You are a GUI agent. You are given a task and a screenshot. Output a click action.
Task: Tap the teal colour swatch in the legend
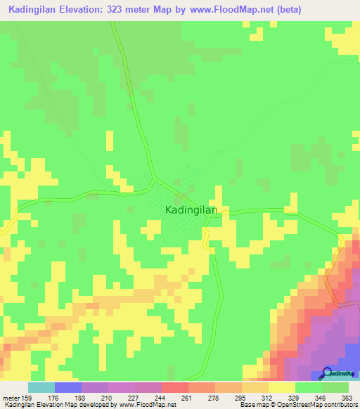click(x=41, y=387)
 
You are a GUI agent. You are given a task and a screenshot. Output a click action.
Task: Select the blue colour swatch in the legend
click(x=68, y=387)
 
